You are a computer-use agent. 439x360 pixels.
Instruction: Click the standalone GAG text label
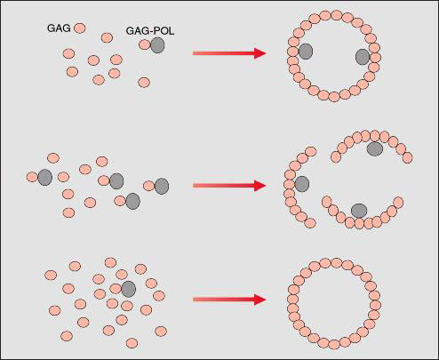click(59, 28)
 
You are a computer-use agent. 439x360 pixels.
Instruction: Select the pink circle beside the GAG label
click(79, 28)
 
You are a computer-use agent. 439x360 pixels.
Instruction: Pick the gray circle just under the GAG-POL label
click(157, 45)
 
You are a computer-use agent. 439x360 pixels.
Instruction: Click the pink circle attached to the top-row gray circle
click(145, 44)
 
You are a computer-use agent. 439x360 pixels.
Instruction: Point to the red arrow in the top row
click(229, 53)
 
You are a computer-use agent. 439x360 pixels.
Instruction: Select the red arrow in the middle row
click(229, 186)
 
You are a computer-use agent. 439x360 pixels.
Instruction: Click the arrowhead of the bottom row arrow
click(259, 300)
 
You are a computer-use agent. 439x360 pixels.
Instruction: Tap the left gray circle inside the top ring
click(306, 52)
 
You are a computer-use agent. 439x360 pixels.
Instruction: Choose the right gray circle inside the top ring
click(363, 57)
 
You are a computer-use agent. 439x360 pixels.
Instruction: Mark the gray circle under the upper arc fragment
click(375, 149)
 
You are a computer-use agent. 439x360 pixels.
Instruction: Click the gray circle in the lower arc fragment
click(359, 211)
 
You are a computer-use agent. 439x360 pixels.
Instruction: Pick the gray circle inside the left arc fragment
click(302, 184)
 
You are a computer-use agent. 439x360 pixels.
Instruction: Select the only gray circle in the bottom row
click(129, 289)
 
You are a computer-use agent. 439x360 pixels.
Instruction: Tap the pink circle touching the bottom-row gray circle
click(116, 289)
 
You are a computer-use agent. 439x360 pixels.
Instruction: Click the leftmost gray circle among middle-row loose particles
click(45, 178)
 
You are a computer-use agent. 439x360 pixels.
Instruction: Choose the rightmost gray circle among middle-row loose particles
click(162, 186)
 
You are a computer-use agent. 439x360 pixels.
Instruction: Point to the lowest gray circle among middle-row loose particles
click(133, 201)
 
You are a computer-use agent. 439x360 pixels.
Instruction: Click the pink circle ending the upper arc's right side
click(408, 157)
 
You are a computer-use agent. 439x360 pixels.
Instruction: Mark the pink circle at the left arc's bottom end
click(310, 223)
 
